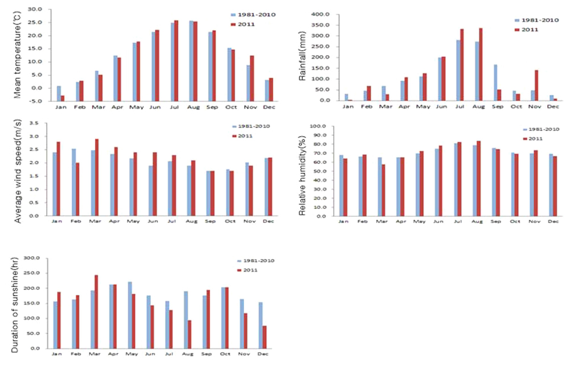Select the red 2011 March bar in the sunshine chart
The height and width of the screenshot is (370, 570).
[x=96, y=311]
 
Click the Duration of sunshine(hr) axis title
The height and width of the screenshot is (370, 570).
[x=16, y=306]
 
